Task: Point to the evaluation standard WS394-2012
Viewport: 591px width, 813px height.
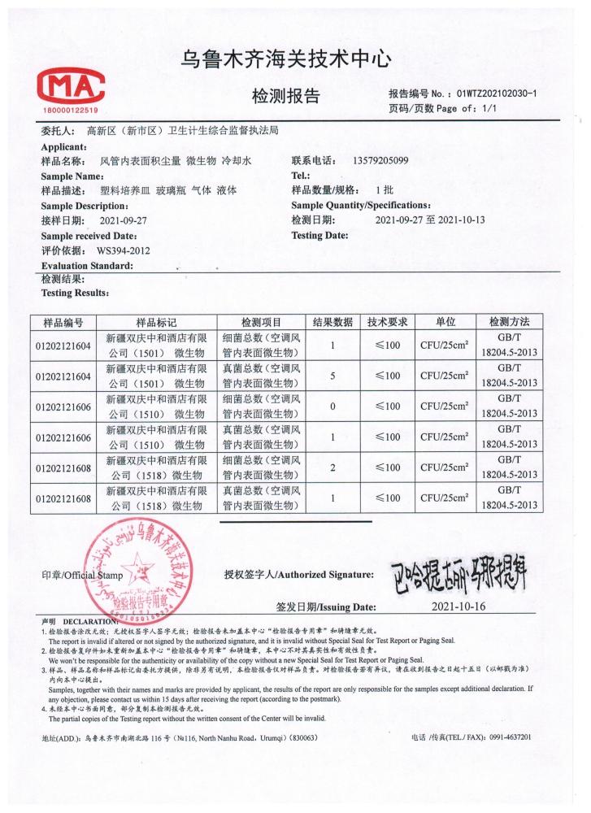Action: [x=123, y=250]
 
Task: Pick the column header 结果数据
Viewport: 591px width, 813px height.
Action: [x=332, y=321]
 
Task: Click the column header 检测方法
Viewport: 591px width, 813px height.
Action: [x=510, y=321]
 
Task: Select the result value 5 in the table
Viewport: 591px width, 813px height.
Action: [x=332, y=376]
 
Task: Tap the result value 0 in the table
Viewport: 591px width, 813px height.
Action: [x=332, y=406]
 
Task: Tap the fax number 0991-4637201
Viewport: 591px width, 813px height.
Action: [x=509, y=737]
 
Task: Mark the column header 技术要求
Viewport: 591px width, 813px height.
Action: [x=387, y=321]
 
